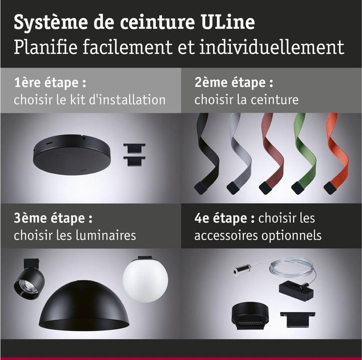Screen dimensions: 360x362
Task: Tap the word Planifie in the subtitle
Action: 47,48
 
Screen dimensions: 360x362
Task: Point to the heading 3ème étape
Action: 53,219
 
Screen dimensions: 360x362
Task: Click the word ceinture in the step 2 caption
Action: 274,99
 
